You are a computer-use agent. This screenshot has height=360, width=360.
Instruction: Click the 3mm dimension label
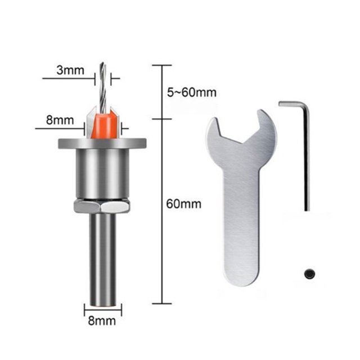tap(70, 70)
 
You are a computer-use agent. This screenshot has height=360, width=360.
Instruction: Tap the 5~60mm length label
tap(192, 92)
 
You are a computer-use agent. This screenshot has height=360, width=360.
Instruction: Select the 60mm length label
tap(183, 204)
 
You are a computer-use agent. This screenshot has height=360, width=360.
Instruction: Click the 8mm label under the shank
tap(102, 321)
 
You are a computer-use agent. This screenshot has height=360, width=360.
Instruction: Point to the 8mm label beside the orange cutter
tap(60, 120)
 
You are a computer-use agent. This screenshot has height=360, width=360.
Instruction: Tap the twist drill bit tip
tap(102, 64)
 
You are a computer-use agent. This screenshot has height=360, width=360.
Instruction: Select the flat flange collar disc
tap(102, 143)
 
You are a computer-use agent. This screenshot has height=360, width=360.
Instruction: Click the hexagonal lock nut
tap(102, 206)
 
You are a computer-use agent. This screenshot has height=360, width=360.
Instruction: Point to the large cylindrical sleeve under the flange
tap(102, 173)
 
